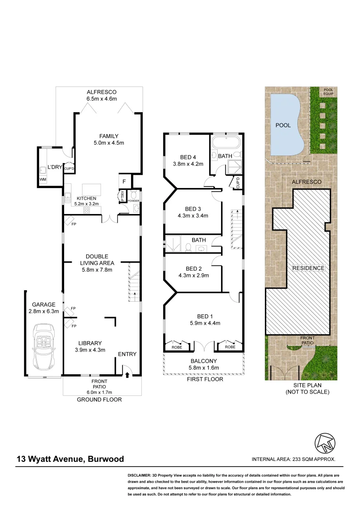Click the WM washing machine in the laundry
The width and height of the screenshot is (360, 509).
(43, 180)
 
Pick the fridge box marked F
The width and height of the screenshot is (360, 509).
(124, 181)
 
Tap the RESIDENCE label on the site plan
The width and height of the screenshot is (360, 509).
(309, 268)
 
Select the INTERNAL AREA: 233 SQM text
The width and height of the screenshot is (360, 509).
(294, 459)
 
